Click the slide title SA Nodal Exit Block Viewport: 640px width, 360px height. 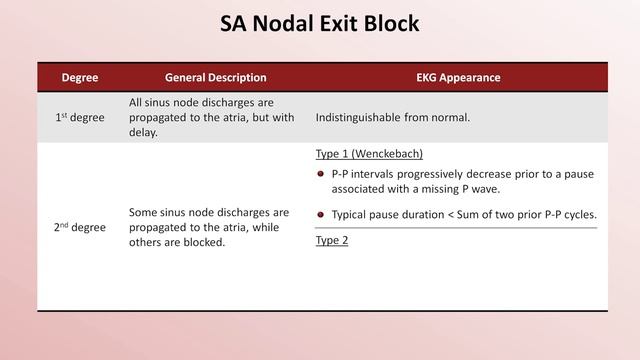[x=320, y=23]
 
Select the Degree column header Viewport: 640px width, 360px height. [x=79, y=77]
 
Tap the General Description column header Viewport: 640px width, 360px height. [x=216, y=77]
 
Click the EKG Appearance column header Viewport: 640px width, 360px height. [x=458, y=77]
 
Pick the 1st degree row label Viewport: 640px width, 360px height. [x=79, y=118]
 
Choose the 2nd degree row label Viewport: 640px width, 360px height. [x=79, y=227]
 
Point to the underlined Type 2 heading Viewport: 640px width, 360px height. [x=332, y=240]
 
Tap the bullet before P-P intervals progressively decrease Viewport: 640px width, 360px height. [x=321, y=174]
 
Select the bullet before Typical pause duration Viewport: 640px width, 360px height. [x=321, y=214]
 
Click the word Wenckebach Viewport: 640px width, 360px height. [x=383, y=154]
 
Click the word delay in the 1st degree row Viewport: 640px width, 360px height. [x=144, y=133]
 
